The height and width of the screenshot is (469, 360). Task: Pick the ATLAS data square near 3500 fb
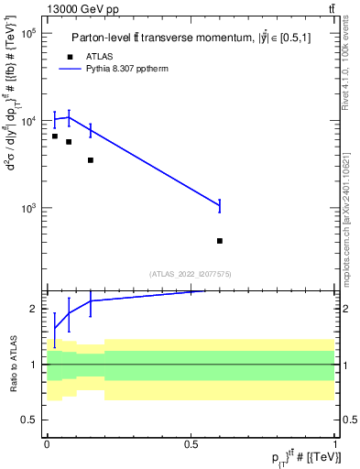coord(91,160)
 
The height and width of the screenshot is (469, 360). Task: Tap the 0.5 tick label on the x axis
coord(191,445)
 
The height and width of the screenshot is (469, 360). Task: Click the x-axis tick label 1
coord(335,445)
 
